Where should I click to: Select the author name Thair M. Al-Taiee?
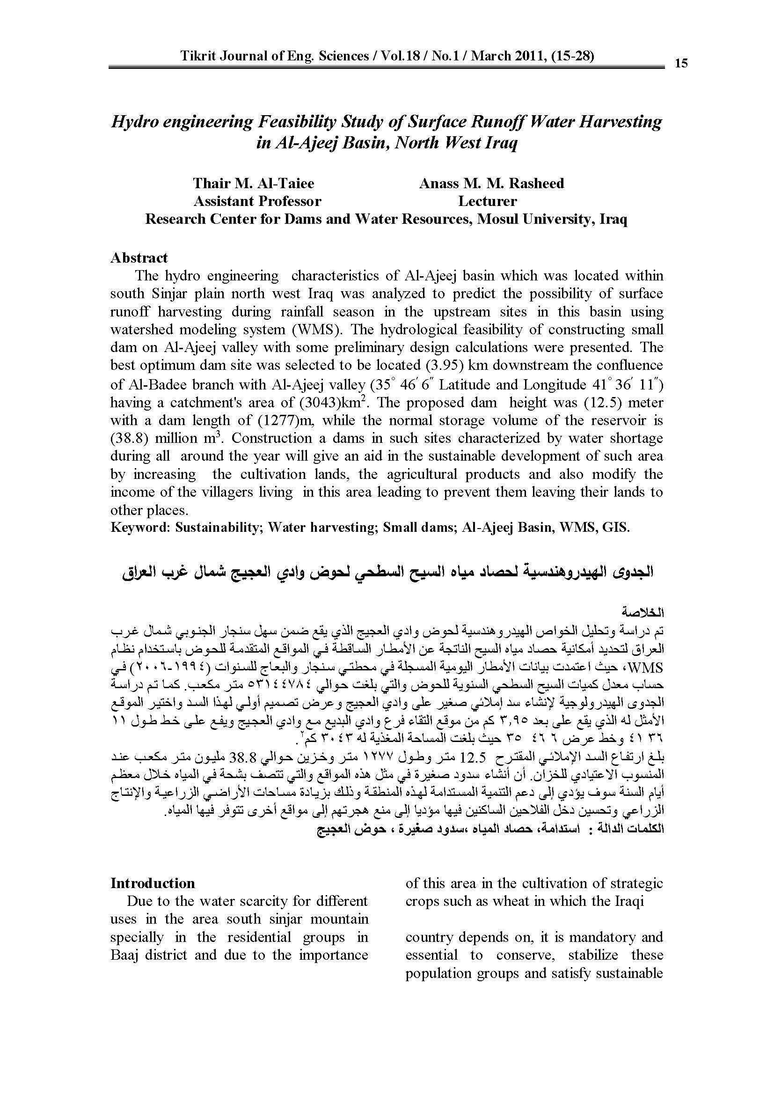coord(254,183)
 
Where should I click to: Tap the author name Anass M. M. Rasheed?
coord(491,183)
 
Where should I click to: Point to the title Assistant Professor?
coord(257,201)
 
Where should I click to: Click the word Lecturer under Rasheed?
coord(488,201)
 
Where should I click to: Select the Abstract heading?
coord(139,258)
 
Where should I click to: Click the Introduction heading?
coord(153,883)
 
